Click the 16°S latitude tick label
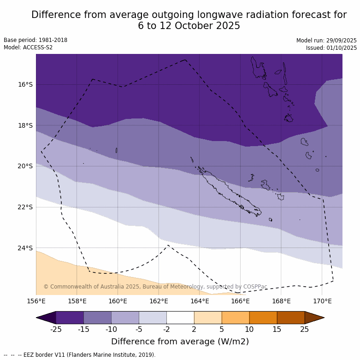26,84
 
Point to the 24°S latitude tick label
26,248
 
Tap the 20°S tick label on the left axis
26,166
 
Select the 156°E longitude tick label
36,301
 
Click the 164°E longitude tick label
200,301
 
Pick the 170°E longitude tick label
322,301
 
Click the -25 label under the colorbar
56,329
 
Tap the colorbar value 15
277,329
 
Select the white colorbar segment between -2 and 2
180,318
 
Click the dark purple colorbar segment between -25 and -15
70,318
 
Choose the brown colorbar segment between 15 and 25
291,318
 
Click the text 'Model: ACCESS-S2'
28,47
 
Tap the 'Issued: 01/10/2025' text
331,47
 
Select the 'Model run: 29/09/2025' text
326,40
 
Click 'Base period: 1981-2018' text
35,40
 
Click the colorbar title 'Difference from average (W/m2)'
180,342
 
